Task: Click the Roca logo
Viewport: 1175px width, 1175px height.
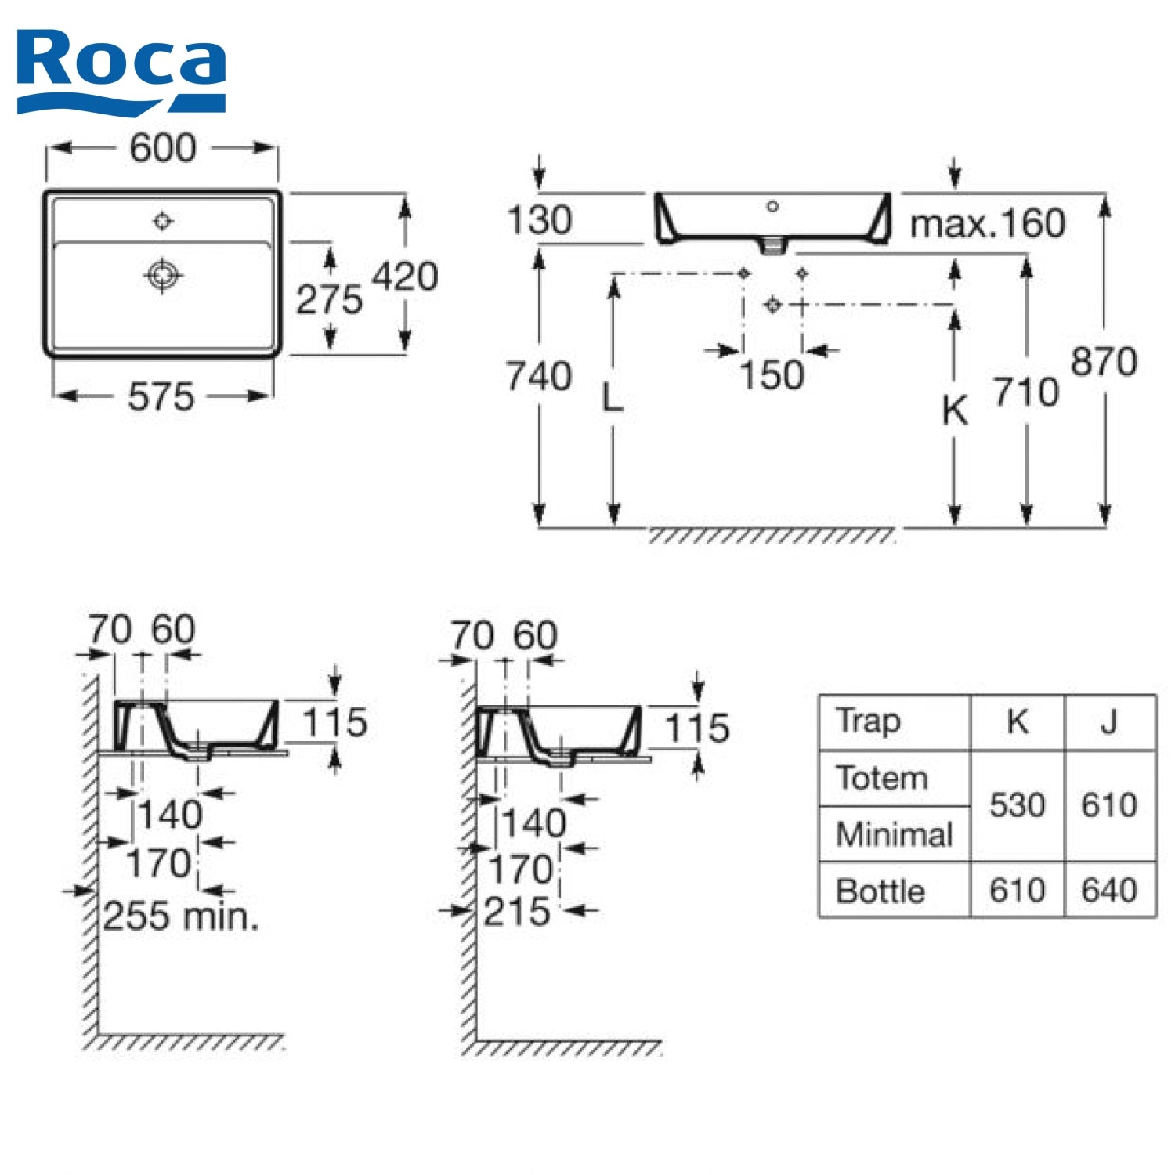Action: (x=121, y=70)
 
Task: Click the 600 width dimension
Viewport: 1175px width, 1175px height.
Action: (x=162, y=148)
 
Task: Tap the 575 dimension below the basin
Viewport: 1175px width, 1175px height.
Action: (x=161, y=396)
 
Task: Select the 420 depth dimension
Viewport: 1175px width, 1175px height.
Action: (x=404, y=277)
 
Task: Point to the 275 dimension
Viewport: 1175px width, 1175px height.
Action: (x=329, y=299)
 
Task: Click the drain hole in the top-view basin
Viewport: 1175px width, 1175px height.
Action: (x=163, y=275)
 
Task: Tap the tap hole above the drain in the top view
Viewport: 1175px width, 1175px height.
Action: (x=163, y=221)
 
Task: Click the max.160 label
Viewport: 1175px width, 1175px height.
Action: (x=987, y=224)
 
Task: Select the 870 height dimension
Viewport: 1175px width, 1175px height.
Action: (x=1104, y=362)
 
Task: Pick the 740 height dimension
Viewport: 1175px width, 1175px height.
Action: (x=538, y=376)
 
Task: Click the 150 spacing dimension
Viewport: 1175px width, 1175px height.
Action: (x=772, y=374)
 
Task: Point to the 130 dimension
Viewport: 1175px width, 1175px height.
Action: (x=539, y=220)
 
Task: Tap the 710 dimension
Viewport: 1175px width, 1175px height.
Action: (x=1026, y=392)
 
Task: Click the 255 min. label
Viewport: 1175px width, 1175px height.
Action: (x=181, y=916)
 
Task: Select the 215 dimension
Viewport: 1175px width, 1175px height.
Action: (x=516, y=911)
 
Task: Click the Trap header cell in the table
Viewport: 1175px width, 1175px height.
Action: (x=868, y=721)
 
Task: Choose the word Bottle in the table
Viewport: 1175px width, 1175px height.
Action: (x=880, y=891)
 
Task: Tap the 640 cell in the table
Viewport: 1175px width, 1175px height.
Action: (x=1108, y=891)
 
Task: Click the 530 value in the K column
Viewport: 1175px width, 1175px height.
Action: (x=1017, y=805)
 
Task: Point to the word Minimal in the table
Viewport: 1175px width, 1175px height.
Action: (x=894, y=834)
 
